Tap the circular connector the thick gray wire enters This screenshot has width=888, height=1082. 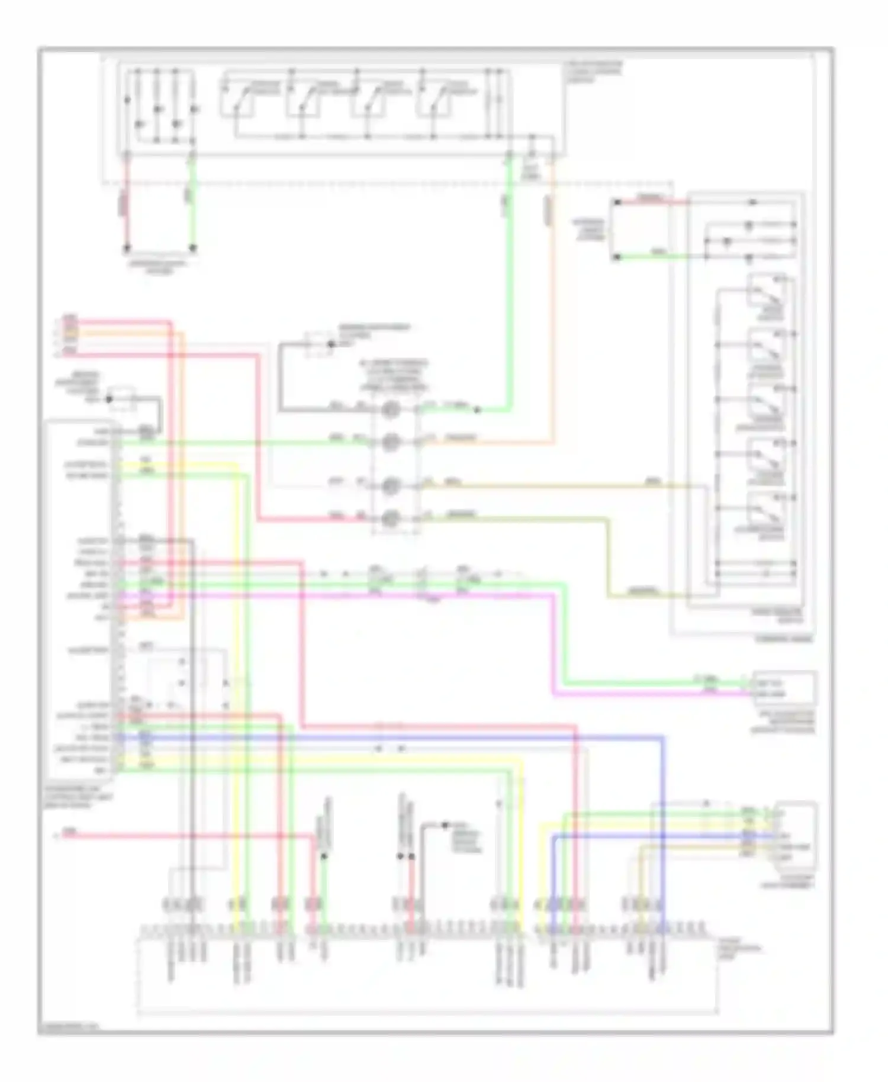tap(390, 409)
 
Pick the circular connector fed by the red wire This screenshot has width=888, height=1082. tap(390, 519)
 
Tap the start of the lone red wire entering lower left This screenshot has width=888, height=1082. tap(65, 836)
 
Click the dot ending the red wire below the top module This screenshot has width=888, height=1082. tap(126, 248)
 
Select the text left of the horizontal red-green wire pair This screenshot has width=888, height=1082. tap(589, 230)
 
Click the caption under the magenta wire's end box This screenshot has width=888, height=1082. tap(782, 723)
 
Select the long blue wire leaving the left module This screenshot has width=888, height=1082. tap(414, 738)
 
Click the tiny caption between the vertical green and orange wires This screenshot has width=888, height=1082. tap(530, 172)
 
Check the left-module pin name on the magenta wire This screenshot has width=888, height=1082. tap(89, 595)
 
